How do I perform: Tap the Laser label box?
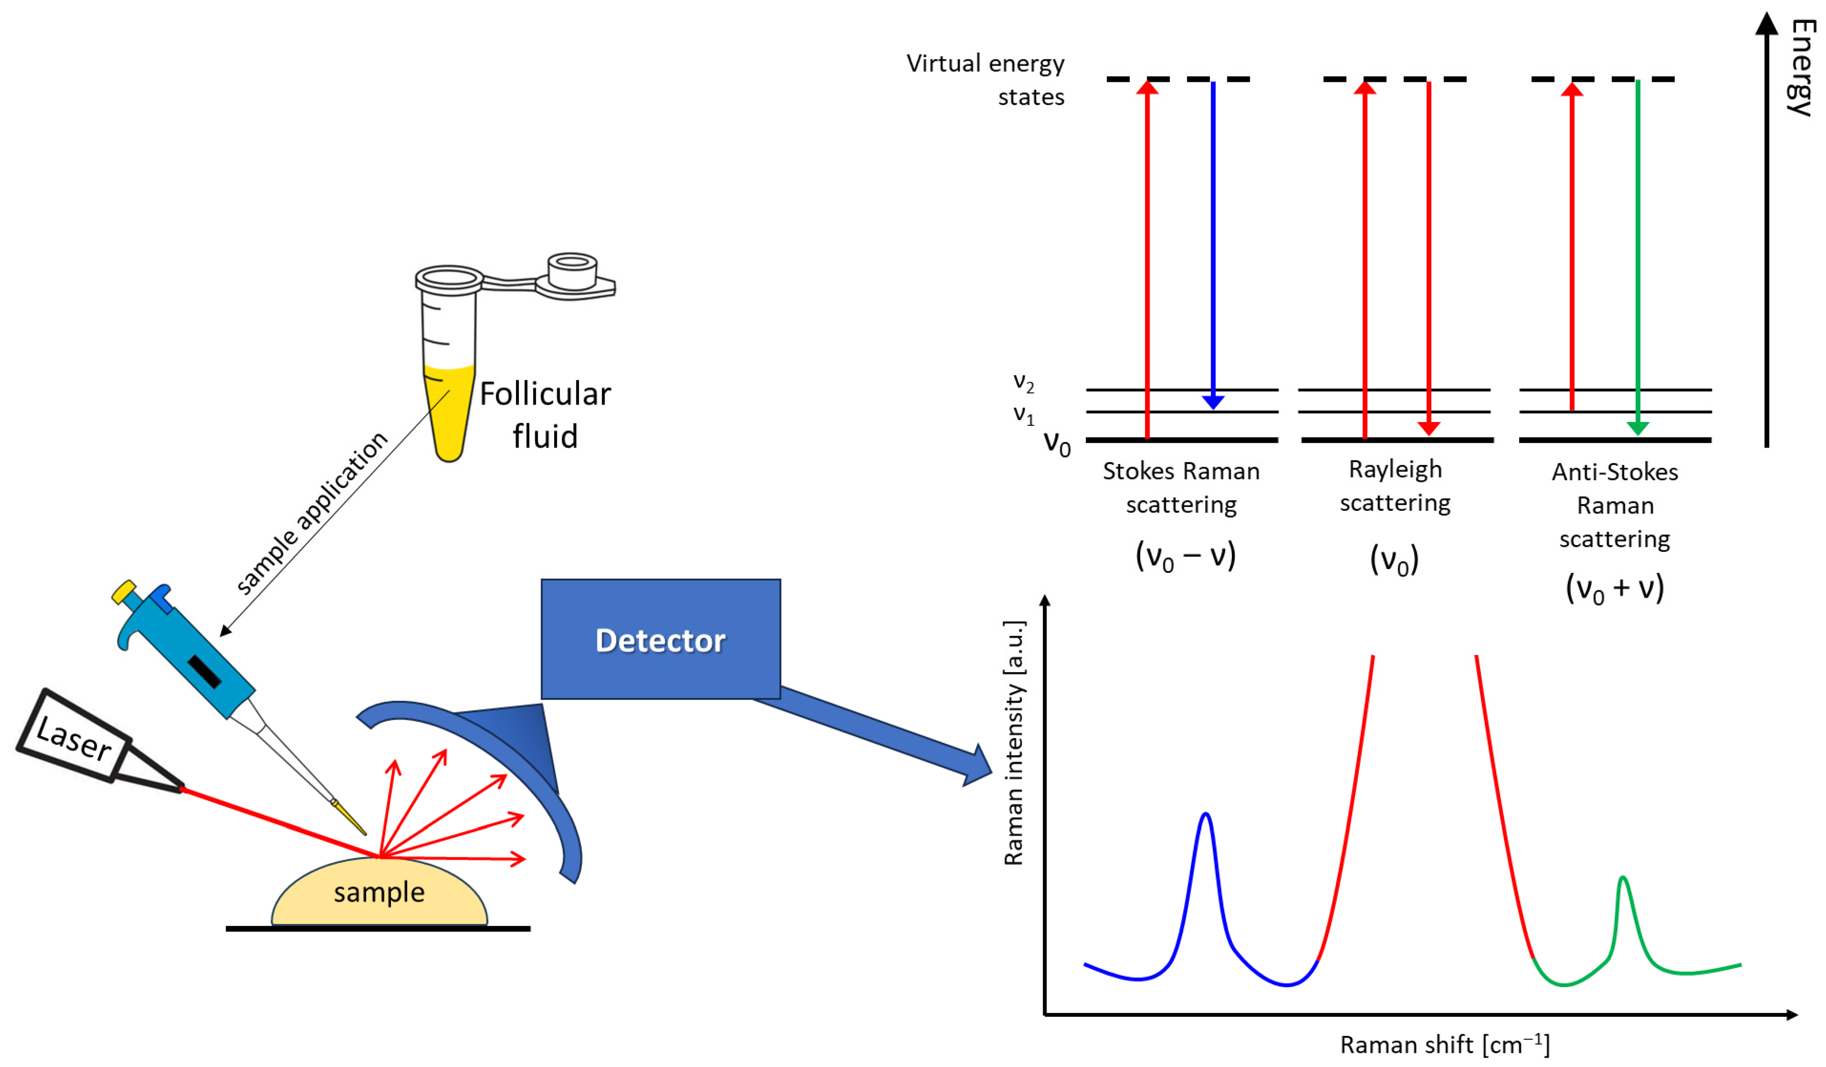click(x=74, y=737)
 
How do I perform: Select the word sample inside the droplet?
click(x=379, y=892)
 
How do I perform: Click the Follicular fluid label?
click(x=545, y=415)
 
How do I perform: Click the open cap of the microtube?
click(x=572, y=272)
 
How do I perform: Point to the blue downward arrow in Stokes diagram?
click(x=1213, y=246)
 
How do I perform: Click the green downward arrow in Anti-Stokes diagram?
click(x=1638, y=254)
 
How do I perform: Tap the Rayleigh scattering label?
click(x=1395, y=486)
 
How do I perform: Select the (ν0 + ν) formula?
click(x=1614, y=588)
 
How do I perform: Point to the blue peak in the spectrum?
click(x=1206, y=819)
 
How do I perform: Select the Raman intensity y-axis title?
click(x=1015, y=743)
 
